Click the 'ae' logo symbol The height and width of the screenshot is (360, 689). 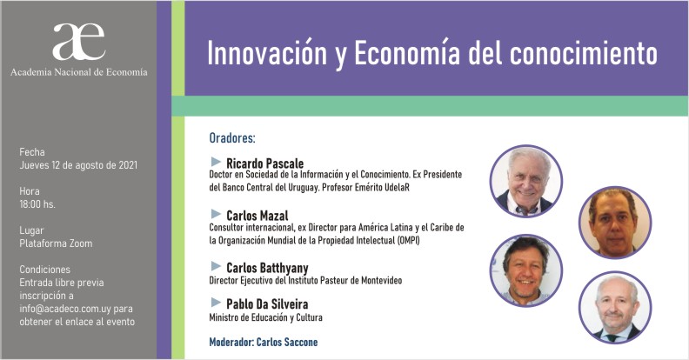click(78, 42)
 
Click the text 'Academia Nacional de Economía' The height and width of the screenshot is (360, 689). click(79, 72)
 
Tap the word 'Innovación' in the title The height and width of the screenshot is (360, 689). click(267, 54)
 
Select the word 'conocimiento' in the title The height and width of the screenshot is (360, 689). click(584, 54)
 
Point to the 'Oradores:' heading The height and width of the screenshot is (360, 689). click(232, 138)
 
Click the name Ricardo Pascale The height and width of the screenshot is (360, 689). click(265, 163)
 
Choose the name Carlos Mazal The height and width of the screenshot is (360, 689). click(257, 216)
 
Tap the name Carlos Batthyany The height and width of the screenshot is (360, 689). click(267, 267)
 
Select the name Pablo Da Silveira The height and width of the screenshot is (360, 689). click(267, 303)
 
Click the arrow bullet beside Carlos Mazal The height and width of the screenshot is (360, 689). click(216, 214)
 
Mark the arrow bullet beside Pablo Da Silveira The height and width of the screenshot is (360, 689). click(216, 302)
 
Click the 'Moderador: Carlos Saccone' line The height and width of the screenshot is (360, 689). click(264, 342)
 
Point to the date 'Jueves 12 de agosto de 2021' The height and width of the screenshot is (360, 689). click(78, 165)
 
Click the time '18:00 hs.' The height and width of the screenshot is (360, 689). click(37, 204)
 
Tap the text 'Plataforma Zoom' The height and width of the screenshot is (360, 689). click(56, 243)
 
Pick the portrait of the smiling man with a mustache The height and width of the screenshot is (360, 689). click(526, 270)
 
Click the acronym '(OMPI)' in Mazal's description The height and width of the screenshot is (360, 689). click(408, 241)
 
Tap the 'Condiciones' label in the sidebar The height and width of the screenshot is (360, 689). click(45, 269)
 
